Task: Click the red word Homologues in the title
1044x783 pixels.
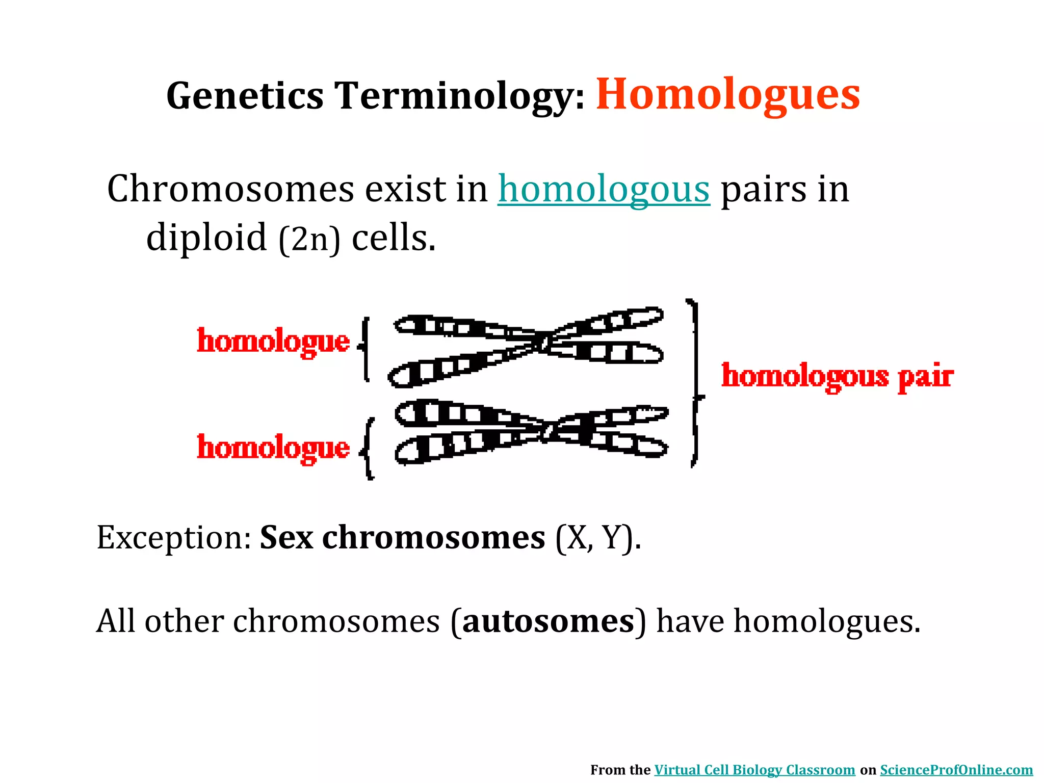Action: tap(728, 95)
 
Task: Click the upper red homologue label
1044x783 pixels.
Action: tap(273, 342)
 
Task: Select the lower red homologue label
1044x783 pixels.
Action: tap(273, 448)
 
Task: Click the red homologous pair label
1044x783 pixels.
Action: tap(837, 377)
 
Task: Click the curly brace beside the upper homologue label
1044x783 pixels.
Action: tap(364, 349)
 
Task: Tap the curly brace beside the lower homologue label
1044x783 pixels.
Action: tap(368, 449)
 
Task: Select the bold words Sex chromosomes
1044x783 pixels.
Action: tap(402, 538)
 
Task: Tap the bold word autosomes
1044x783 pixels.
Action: tap(548, 622)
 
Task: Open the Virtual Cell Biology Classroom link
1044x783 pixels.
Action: tap(754, 770)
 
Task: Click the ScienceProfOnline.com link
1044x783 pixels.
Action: tap(956, 770)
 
